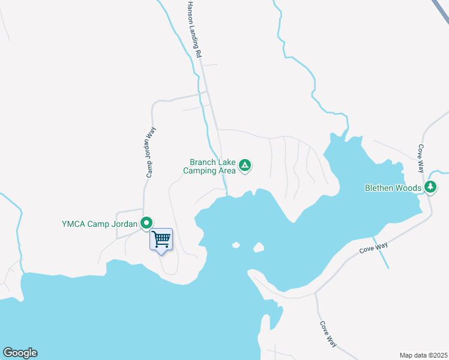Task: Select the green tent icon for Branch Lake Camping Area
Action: coord(245,165)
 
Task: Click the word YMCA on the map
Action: coord(74,225)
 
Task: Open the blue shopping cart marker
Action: coord(161,239)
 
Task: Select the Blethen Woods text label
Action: coord(393,188)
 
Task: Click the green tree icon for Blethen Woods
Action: coord(430,187)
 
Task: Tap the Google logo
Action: coord(20,353)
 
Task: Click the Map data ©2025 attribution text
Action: coord(423,355)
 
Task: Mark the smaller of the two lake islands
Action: coord(236,245)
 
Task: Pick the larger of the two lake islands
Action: coord(259,247)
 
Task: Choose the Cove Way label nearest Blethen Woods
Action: coord(421,156)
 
